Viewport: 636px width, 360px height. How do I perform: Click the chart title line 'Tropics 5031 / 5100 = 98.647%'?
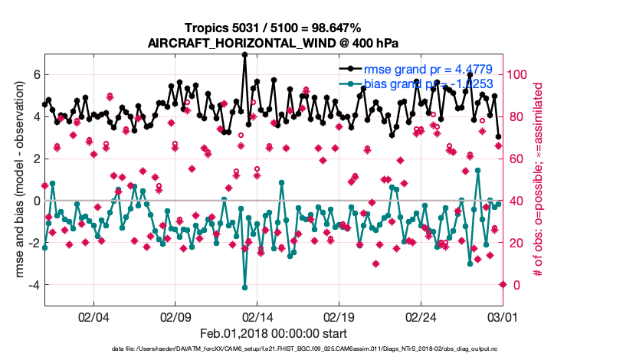(x=273, y=29)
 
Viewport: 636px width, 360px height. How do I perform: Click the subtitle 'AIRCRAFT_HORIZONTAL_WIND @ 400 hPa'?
(x=273, y=43)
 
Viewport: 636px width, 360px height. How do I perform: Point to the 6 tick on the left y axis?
(x=34, y=75)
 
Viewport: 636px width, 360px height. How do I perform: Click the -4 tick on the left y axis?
(x=32, y=285)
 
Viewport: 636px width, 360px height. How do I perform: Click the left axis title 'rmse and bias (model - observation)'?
(x=16, y=180)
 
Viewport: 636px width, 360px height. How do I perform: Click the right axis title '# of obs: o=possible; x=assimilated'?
(x=539, y=181)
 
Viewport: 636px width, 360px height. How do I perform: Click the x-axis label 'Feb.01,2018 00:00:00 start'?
(x=273, y=333)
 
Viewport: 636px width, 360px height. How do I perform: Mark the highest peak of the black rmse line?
(x=244, y=54)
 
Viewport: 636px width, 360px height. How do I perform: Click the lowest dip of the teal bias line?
(x=244, y=287)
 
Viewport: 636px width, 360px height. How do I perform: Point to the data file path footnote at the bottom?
(x=273, y=349)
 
